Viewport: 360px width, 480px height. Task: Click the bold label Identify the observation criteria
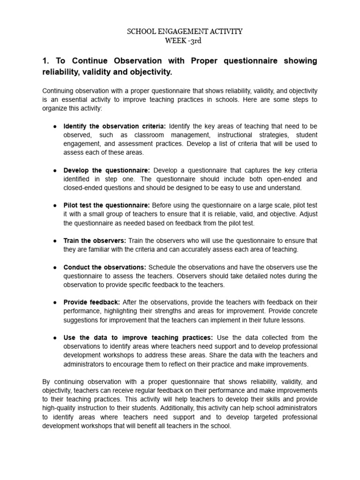(x=115, y=126)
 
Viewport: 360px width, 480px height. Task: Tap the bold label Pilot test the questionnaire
(x=107, y=205)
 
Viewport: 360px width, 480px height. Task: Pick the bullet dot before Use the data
(x=55, y=337)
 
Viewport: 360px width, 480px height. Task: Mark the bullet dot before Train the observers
(x=55, y=240)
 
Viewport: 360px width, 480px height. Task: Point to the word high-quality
(x=59, y=408)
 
